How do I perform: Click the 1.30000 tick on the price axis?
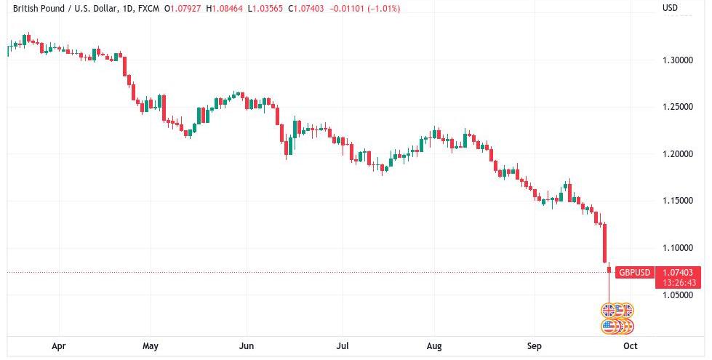click(x=677, y=60)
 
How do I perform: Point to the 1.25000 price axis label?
click(x=677, y=107)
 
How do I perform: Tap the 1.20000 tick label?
click(x=677, y=154)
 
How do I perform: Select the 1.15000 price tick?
click(x=677, y=201)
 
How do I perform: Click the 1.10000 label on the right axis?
click(x=677, y=248)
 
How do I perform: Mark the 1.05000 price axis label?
click(x=677, y=295)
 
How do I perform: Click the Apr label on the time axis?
click(x=59, y=346)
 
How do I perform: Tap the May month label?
click(x=151, y=346)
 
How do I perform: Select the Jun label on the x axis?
click(x=247, y=346)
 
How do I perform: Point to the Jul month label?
click(x=342, y=346)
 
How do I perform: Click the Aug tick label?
click(x=434, y=346)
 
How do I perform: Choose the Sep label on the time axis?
click(x=535, y=346)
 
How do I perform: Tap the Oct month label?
click(x=631, y=346)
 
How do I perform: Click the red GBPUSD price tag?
click(x=634, y=273)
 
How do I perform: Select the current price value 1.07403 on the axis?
click(x=679, y=272)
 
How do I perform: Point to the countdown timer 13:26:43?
click(x=679, y=282)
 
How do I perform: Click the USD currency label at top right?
click(x=670, y=8)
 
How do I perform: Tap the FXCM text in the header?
click(x=148, y=9)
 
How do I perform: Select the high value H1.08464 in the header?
click(x=225, y=9)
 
